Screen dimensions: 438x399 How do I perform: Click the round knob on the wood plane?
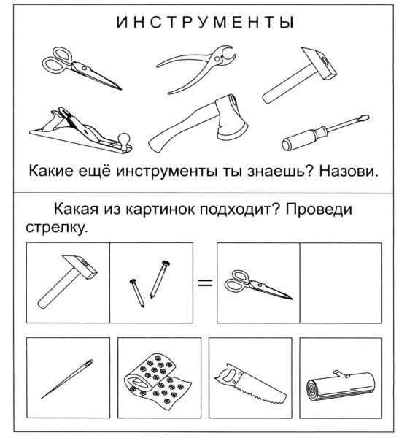point(125,137)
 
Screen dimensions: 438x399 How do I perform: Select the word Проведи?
point(319,210)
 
